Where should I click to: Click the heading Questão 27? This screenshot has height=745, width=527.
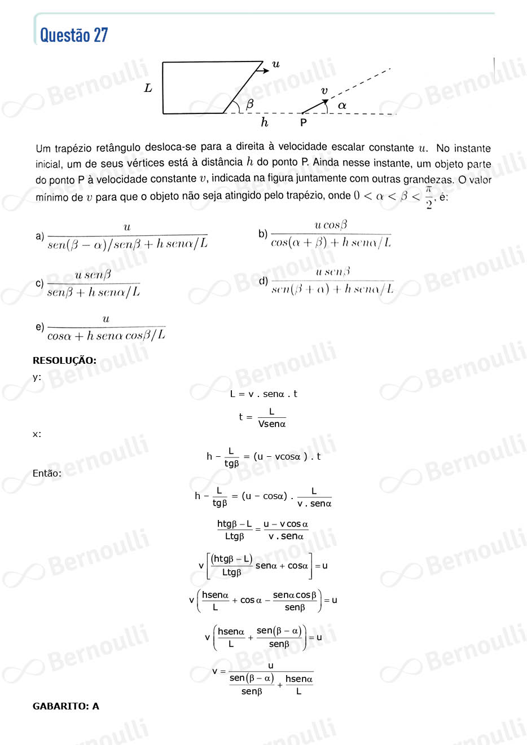click(x=74, y=35)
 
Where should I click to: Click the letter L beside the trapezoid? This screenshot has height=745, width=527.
click(x=148, y=88)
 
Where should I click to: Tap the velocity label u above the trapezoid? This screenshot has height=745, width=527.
click(x=276, y=64)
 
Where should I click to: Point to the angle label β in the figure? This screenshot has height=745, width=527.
click(x=249, y=104)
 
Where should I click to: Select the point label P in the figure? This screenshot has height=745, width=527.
click(x=304, y=122)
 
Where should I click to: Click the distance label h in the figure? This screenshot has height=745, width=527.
click(x=264, y=122)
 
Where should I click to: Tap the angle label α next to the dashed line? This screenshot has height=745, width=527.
click(x=342, y=105)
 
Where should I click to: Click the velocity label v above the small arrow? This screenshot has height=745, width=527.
click(x=324, y=90)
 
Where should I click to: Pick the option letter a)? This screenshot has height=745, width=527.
click(x=39, y=236)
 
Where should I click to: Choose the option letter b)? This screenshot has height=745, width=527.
click(x=263, y=233)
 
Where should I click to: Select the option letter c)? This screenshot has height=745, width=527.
click(x=39, y=283)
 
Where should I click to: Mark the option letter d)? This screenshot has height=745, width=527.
click(x=263, y=281)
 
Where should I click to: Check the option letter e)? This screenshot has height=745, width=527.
click(x=39, y=327)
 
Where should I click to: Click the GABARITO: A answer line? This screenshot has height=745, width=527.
click(x=66, y=706)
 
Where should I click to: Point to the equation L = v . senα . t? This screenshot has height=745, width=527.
click(x=263, y=394)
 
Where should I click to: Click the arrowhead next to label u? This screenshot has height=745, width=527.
click(x=266, y=70)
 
